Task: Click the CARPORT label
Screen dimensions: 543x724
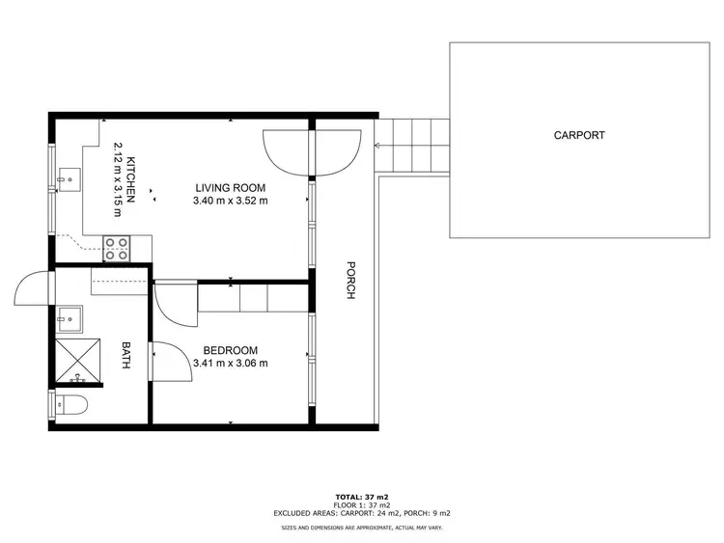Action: coord(579,135)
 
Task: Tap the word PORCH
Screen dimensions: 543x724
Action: coord(350,280)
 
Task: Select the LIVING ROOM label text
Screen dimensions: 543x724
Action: coord(230,188)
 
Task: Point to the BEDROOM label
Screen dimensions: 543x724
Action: coord(230,350)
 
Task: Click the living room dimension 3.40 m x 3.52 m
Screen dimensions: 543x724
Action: coord(230,202)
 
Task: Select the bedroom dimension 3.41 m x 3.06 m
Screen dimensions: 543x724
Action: coord(230,364)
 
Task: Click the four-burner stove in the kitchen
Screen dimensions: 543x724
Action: coord(117,249)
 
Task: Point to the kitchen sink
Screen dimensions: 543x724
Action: coord(68,178)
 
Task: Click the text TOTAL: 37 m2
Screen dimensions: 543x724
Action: coord(362,497)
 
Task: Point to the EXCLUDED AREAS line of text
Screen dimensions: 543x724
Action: coord(362,513)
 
